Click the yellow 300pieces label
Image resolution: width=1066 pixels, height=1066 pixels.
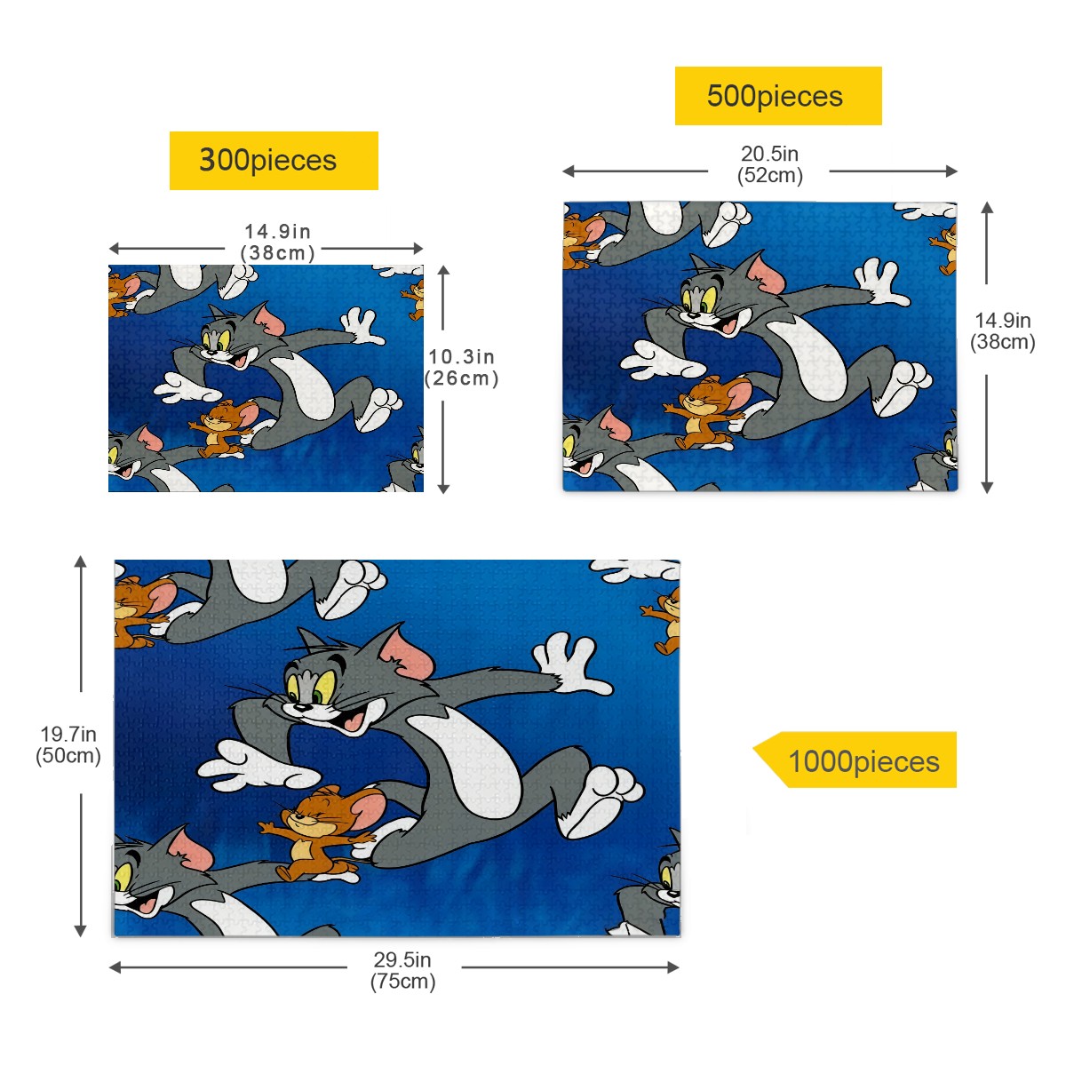[x=274, y=161]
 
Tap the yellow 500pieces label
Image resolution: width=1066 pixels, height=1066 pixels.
[x=778, y=96]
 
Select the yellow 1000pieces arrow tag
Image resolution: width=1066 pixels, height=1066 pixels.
[x=855, y=760]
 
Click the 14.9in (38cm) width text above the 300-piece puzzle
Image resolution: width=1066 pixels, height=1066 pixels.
[x=278, y=242]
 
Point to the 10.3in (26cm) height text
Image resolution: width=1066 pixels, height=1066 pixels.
[x=461, y=367]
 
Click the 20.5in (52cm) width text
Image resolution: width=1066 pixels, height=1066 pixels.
[x=769, y=164]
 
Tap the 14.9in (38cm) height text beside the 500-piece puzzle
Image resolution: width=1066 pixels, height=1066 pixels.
[x=1002, y=330]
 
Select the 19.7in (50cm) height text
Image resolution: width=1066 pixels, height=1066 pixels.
[x=68, y=744]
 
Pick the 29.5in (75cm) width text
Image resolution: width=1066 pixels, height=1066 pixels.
[x=402, y=970]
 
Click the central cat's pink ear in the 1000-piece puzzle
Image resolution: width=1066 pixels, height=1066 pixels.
[x=407, y=654]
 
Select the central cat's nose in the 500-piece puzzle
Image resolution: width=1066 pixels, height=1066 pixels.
[x=691, y=316]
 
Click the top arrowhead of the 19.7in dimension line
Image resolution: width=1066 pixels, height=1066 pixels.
[x=81, y=562]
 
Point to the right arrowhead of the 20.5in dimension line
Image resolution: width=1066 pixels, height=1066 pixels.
[x=951, y=171]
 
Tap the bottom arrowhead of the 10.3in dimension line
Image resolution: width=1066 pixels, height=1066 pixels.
[x=443, y=488]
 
